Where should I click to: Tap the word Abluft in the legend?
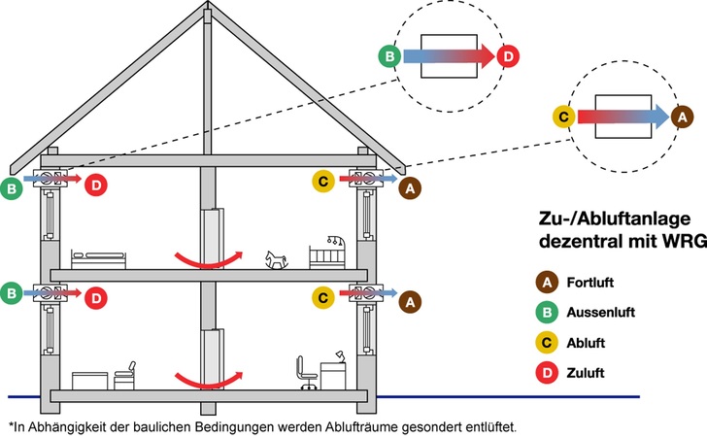(x=587, y=343)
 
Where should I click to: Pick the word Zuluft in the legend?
(x=587, y=373)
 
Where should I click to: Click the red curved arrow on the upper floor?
(x=206, y=257)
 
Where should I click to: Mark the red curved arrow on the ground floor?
(x=206, y=377)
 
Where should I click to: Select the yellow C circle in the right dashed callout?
(x=562, y=117)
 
